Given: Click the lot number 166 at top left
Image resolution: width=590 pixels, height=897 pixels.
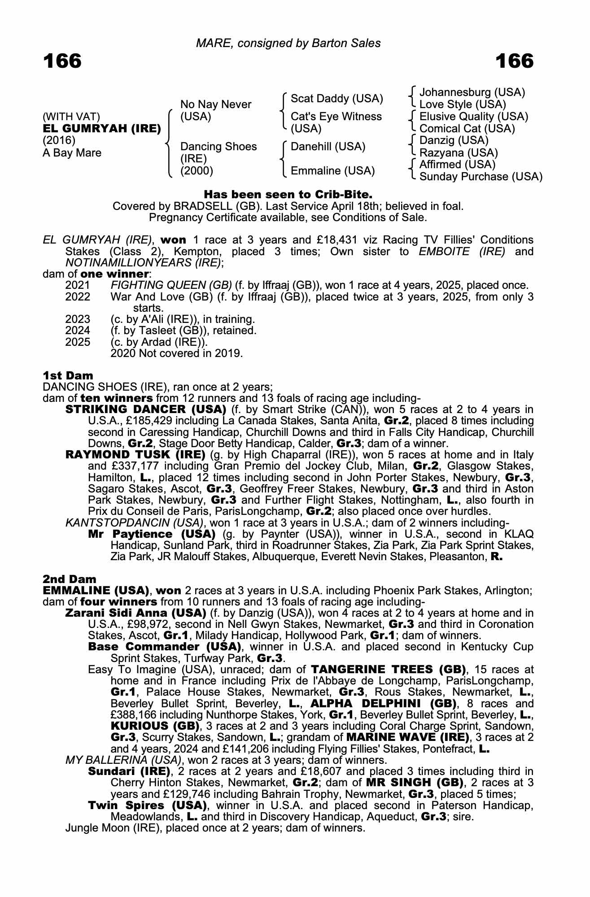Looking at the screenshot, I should [x=62, y=61].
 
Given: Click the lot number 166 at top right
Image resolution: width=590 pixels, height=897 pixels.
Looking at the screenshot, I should [x=514, y=61].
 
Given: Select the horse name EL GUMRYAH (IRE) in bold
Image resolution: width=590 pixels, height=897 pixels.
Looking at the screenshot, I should [x=102, y=129].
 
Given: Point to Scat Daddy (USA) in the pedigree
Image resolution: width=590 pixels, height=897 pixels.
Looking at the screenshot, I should [x=337, y=99].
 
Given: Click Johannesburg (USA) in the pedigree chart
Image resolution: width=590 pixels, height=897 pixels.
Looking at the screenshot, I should [x=472, y=92].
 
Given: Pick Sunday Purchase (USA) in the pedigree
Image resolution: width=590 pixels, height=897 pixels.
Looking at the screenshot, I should [x=481, y=177].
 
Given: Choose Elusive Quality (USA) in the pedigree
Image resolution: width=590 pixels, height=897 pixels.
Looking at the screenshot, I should [x=473, y=117].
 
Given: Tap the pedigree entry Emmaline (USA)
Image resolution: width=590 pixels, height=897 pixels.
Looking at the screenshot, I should [x=332, y=171].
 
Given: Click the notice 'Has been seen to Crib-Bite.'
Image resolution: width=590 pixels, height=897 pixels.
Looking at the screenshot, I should [x=288, y=195].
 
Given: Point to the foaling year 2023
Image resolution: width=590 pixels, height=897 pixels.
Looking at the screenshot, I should [x=78, y=319].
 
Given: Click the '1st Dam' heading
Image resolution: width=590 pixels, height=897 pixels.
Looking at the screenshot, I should [x=68, y=375].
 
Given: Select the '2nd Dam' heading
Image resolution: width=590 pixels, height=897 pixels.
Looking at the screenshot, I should [x=69, y=579].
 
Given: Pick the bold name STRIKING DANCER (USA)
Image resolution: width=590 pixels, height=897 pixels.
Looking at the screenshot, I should [x=146, y=409].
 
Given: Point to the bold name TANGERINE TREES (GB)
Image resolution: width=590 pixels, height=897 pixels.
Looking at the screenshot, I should [x=388, y=670].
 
